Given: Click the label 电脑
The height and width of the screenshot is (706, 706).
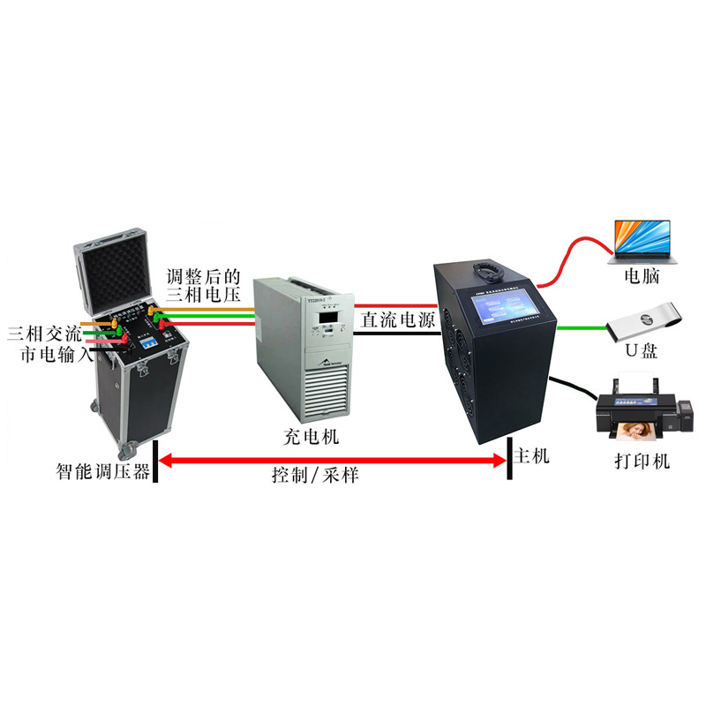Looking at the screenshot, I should click(x=642, y=276).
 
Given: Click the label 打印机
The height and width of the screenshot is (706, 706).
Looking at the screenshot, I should click(x=642, y=462).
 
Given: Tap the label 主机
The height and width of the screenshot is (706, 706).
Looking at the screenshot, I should click(x=531, y=456).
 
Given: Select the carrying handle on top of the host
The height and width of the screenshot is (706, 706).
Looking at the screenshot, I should click(x=486, y=266).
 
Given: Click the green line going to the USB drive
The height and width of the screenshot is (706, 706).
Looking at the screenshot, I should click(x=577, y=329).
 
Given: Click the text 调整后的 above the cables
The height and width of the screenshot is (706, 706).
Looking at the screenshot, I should click(x=202, y=276).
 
